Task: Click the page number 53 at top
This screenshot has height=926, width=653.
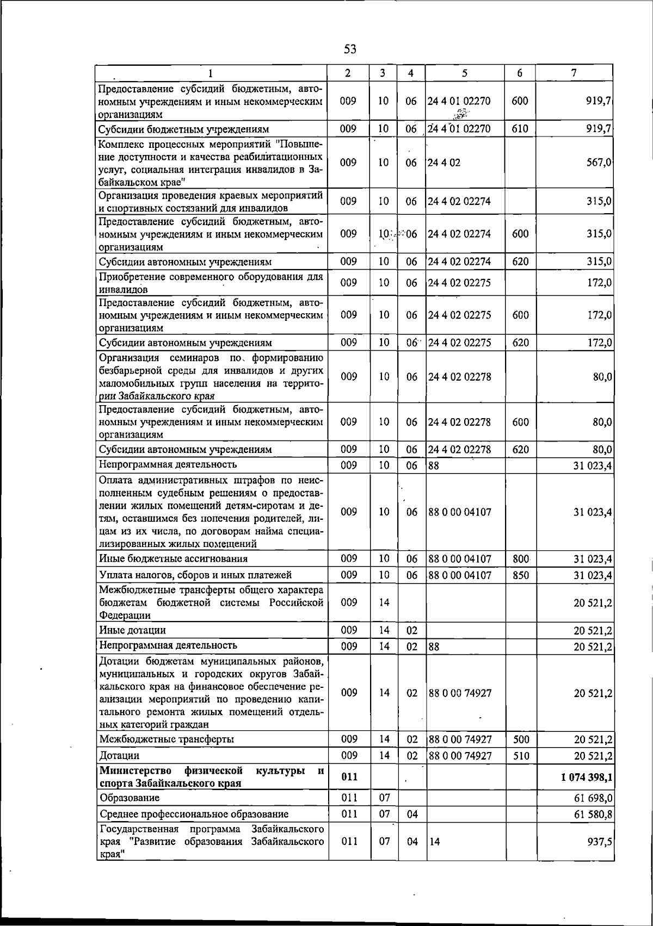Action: [x=350, y=49]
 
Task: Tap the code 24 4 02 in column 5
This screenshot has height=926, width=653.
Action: [x=445, y=163]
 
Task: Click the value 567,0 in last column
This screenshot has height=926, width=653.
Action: [x=600, y=163]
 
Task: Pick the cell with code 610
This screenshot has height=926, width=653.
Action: [x=520, y=129]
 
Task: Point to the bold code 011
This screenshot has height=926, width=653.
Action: [x=349, y=777]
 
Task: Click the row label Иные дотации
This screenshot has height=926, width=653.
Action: [x=133, y=630]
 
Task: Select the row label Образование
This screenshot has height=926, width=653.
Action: [x=130, y=798]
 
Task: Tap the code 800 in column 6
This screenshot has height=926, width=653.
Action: [x=521, y=558]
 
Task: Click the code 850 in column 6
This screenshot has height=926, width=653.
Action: [x=521, y=575]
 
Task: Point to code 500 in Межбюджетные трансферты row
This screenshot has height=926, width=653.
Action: [x=521, y=739]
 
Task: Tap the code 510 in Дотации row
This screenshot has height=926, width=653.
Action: [x=521, y=756]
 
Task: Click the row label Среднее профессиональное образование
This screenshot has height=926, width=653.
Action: [x=194, y=814]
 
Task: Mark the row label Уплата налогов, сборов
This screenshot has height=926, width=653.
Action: [x=195, y=575]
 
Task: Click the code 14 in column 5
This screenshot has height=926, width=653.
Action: [x=434, y=842]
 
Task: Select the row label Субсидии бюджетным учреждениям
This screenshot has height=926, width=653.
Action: [x=184, y=129]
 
